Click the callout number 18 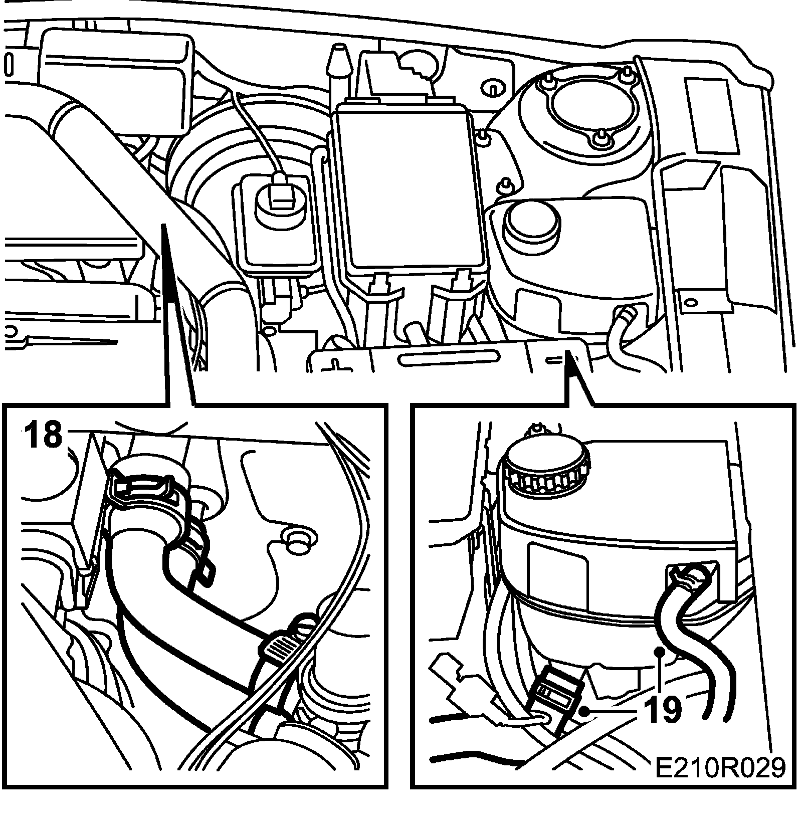pos(45,435)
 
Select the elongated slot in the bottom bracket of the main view pos(449,358)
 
